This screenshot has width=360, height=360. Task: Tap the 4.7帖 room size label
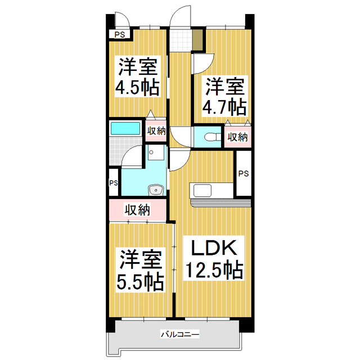point(224,105)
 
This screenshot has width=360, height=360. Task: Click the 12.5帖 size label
point(214,271)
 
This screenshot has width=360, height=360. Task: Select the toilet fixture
point(211,136)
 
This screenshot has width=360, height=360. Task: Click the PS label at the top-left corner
point(119,35)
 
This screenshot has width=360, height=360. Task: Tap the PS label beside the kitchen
point(243,173)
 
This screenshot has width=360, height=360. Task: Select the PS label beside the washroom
point(114,183)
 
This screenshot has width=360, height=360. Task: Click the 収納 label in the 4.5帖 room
point(156,131)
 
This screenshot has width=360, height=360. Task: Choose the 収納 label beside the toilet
point(237,137)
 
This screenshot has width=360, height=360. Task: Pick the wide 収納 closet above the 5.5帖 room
point(137,211)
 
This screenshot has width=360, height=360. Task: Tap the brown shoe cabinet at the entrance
point(197,39)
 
